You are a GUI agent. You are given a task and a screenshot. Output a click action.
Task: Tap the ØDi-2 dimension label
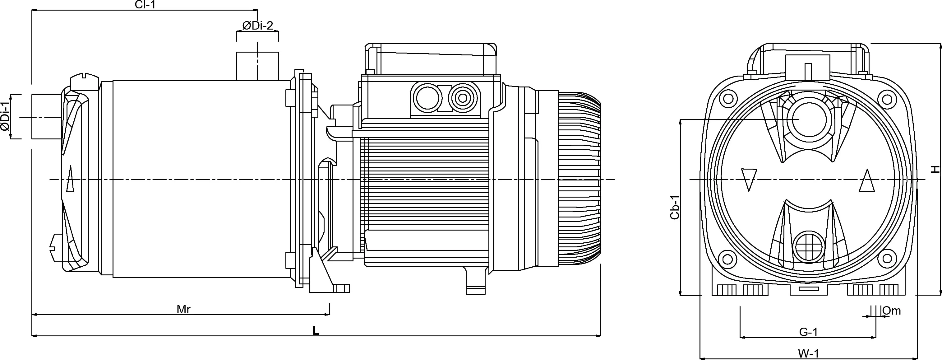257,26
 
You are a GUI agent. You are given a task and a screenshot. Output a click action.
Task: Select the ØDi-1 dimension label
5,117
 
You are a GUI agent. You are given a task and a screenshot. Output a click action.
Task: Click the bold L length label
316,331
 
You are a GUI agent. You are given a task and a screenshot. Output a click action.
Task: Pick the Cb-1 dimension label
675,207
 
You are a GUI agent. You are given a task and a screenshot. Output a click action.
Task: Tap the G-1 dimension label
808,332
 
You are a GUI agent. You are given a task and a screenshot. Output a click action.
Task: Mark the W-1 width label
808,354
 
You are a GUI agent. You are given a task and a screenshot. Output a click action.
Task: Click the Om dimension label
891,311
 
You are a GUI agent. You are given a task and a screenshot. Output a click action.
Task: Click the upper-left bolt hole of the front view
728,98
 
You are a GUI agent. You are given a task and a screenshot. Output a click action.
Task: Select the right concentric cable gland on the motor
463,98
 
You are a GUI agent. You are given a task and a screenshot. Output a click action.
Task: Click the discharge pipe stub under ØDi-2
257,66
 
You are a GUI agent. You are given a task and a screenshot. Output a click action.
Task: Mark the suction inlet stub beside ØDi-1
46,117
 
